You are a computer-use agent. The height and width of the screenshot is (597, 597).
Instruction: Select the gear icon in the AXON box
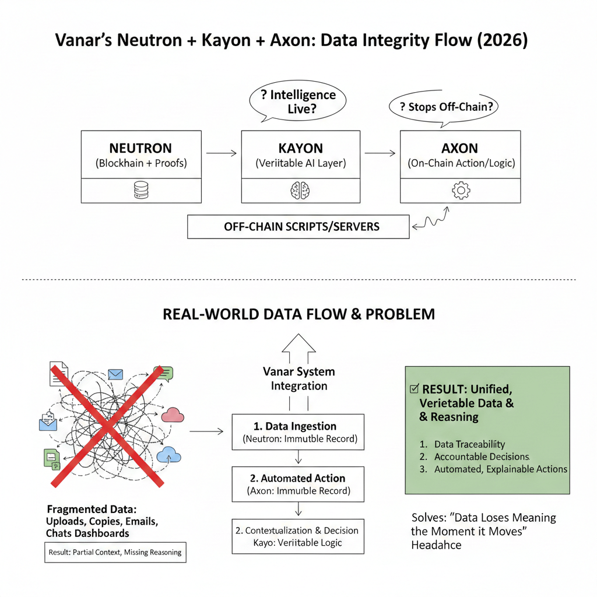click(461, 190)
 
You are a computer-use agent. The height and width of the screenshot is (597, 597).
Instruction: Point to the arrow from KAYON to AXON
click(380, 153)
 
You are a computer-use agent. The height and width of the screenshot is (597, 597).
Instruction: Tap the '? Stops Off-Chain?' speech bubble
click(445, 107)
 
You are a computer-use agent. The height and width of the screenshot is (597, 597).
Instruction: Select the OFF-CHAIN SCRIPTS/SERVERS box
click(298, 227)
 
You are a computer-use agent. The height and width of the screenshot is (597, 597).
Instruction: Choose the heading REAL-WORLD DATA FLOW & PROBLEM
click(298, 314)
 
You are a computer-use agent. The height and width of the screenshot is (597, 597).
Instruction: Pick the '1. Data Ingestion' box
click(298, 432)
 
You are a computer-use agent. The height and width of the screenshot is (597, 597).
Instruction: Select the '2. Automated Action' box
click(298, 484)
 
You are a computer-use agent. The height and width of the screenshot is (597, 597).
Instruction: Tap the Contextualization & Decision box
click(298, 536)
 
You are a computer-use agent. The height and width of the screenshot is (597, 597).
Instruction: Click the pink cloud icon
click(173, 415)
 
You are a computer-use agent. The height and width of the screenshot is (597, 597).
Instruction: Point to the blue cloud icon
click(168, 453)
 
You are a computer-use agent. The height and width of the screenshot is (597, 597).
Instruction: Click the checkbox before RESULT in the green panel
click(415, 389)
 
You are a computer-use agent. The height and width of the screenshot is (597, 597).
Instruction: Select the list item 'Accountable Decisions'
click(473, 456)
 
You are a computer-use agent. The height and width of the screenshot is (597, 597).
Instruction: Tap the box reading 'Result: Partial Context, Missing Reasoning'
click(115, 552)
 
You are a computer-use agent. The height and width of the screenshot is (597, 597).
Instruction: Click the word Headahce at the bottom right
click(436, 545)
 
